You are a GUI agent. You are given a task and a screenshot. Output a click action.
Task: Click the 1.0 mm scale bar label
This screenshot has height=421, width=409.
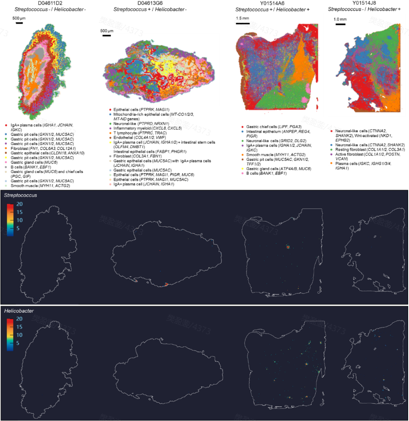[340, 19]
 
